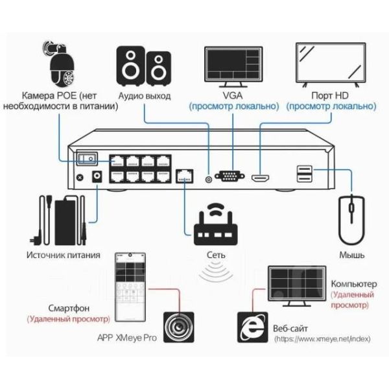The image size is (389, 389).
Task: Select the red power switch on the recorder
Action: point(86,158)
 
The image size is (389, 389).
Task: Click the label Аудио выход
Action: point(145,96)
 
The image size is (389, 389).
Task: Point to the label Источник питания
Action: point(64,255)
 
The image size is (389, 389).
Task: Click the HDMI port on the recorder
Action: point(263,176)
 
